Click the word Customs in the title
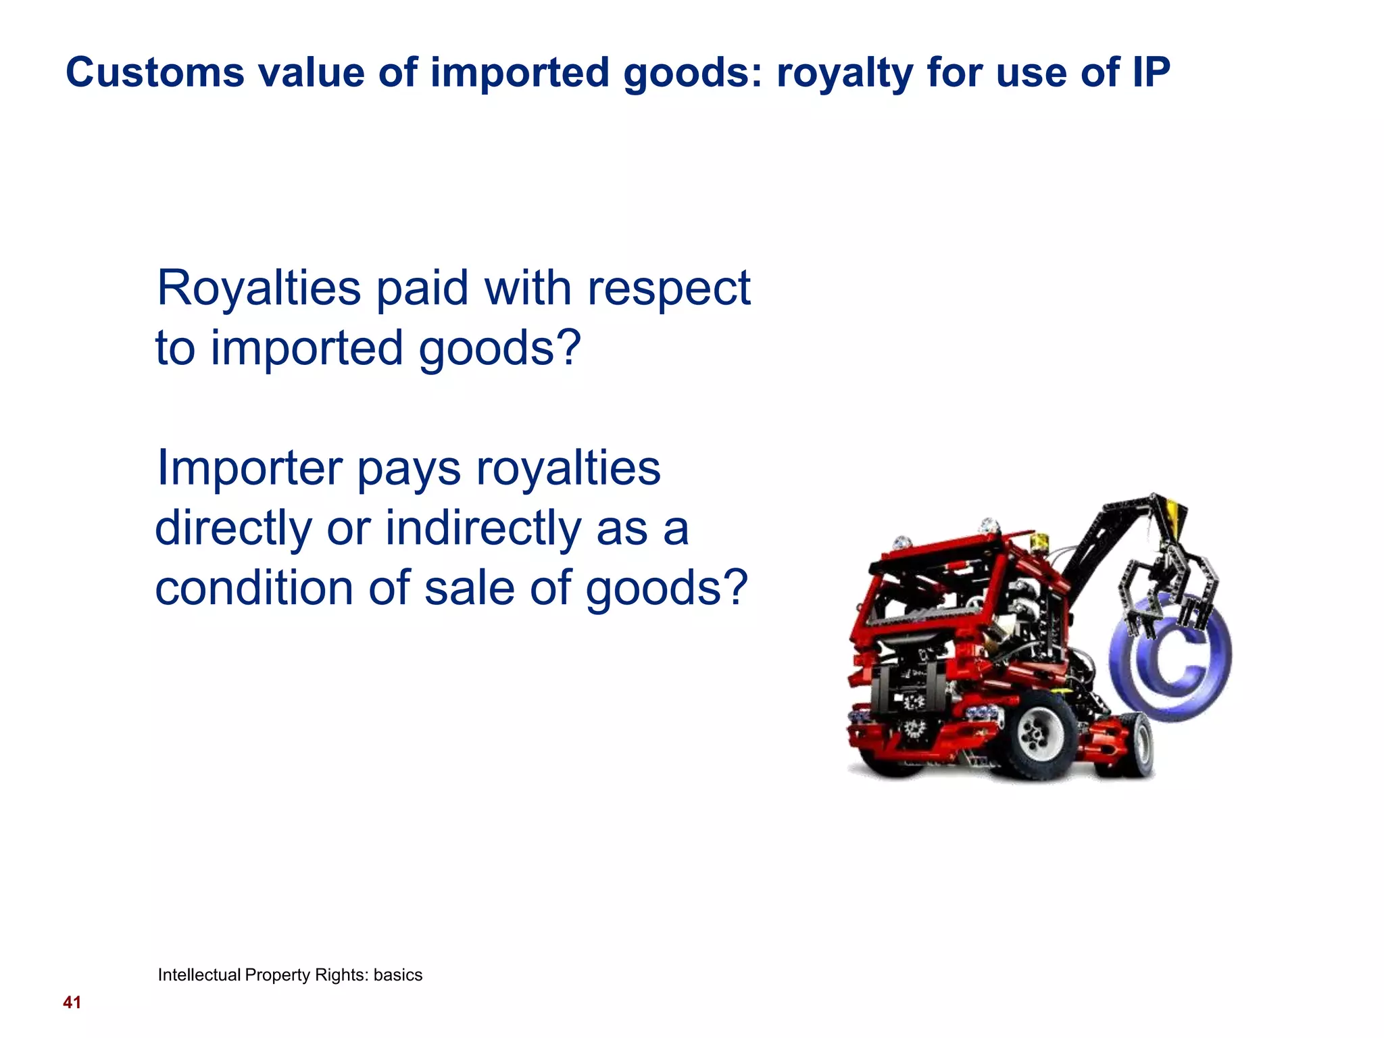pos(155,72)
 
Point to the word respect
pos(668,289)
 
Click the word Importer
pos(249,468)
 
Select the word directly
pos(234,528)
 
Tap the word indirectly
pos(483,528)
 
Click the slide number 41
pos(72,1002)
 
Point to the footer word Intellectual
pos(199,974)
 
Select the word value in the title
pos(312,72)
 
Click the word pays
pos(408,468)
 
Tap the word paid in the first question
pos(422,289)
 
